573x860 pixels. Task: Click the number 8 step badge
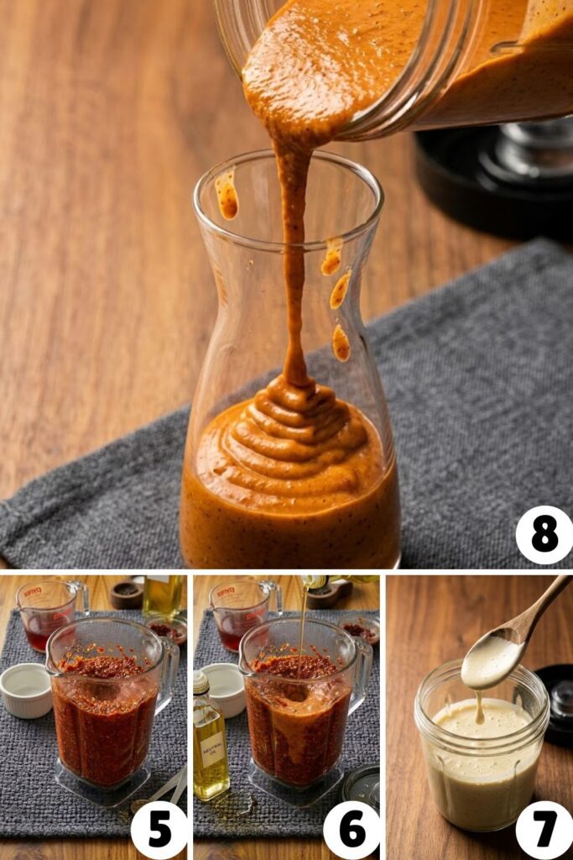(x=544, y=535)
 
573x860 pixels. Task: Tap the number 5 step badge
(x=159, y=830)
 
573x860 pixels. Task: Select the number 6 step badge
(x=352, y=830)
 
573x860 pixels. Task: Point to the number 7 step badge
(x=544, y=830)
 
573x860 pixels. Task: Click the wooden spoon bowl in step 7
(x=492, y=660)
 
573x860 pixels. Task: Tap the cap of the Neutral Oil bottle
(x=201, y=683)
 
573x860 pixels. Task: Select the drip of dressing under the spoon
(x=479, y=708)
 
